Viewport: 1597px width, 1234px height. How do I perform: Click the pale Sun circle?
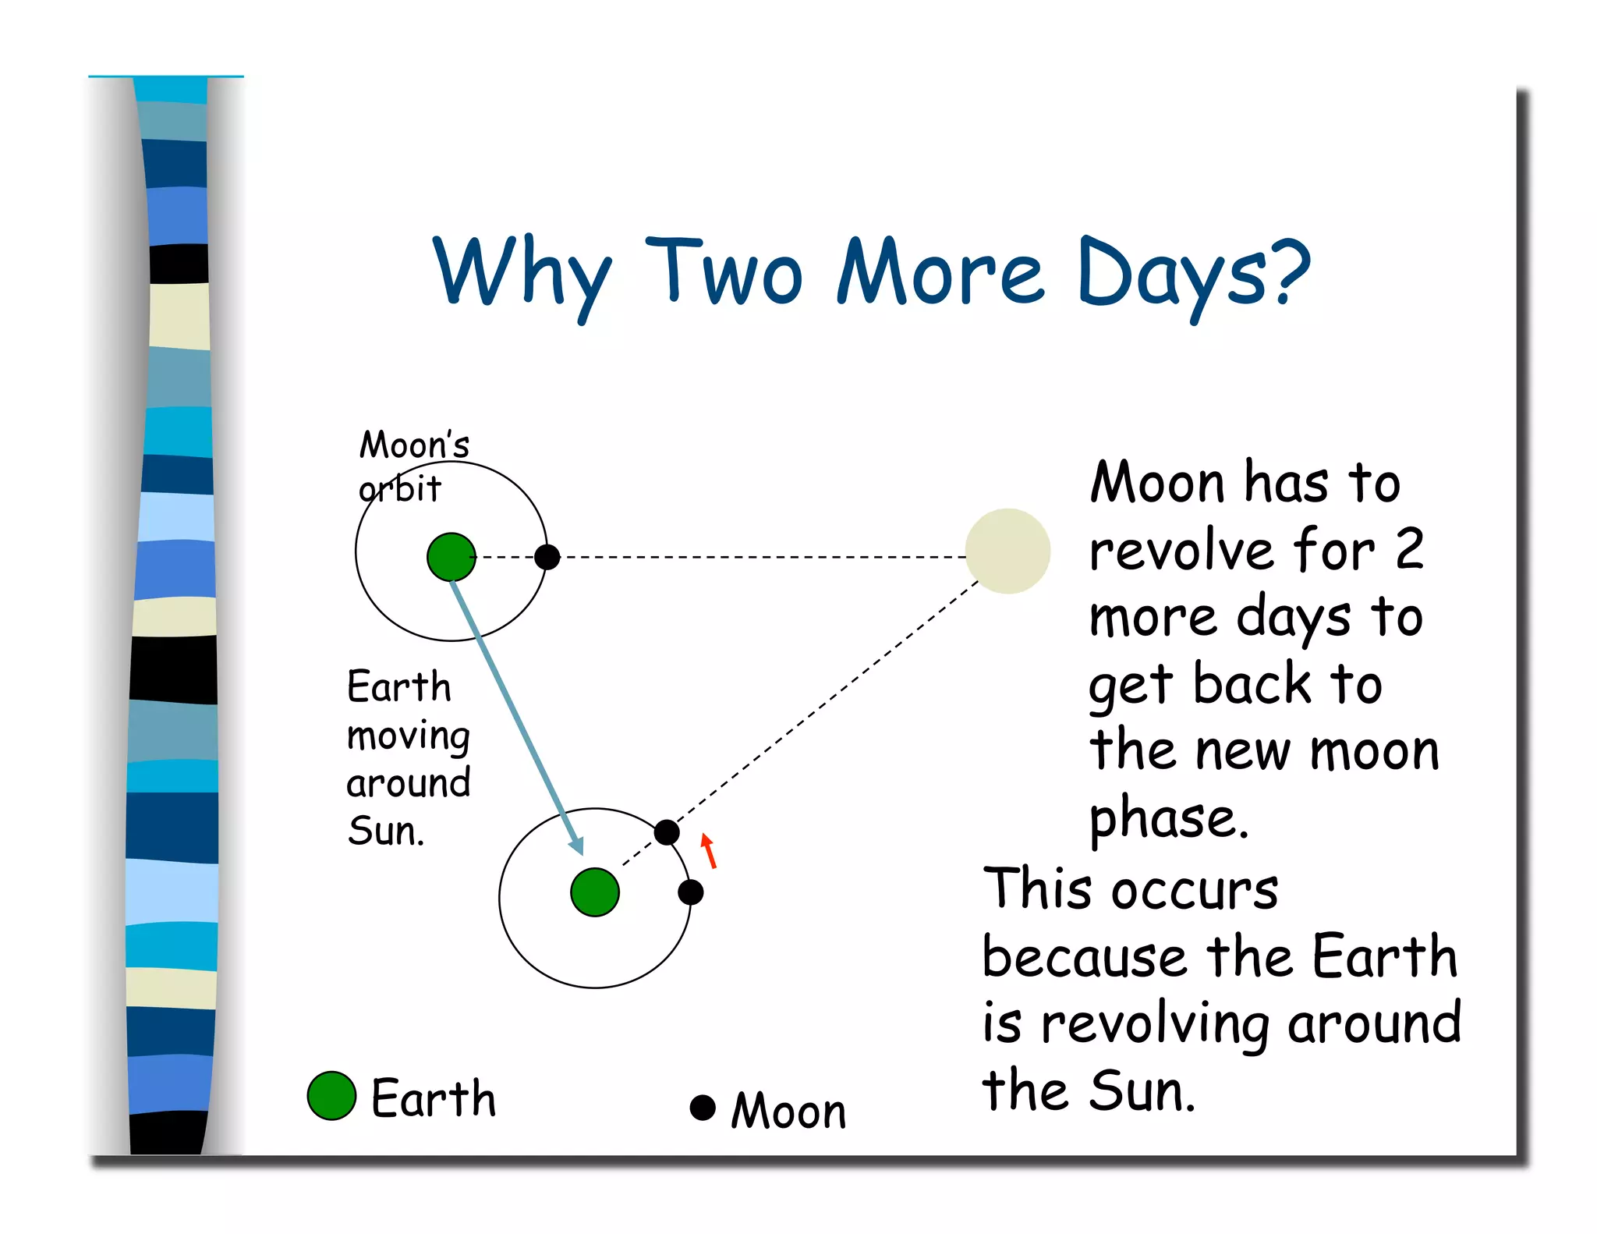coord(1007,551)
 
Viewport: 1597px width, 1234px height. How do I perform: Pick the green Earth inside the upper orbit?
coord(451,557)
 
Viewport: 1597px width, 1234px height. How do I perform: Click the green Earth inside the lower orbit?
coord(595,892)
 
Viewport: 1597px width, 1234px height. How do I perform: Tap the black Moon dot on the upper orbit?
coord(547,557)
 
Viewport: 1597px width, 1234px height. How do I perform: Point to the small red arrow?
coord(708,851)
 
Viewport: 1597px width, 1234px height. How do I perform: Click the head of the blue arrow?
coord(577,846)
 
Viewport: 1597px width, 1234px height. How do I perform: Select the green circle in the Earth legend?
coord(331,1096)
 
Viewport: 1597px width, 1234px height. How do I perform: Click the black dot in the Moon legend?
coord(703,1108)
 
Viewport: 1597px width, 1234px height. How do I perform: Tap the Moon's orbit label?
coord(413,466)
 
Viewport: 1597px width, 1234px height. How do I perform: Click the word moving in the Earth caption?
coord(408,736)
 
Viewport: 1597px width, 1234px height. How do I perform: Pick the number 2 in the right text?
coord(1409,549)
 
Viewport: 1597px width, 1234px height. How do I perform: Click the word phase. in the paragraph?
coord(1169,818)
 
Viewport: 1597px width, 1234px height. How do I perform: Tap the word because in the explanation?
coord(1084,957)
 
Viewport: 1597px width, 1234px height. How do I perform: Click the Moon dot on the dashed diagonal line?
coord(667,832)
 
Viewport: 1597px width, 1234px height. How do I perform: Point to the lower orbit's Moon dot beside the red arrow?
coord(691,892)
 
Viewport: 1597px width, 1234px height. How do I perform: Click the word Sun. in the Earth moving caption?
coord(386,831)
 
